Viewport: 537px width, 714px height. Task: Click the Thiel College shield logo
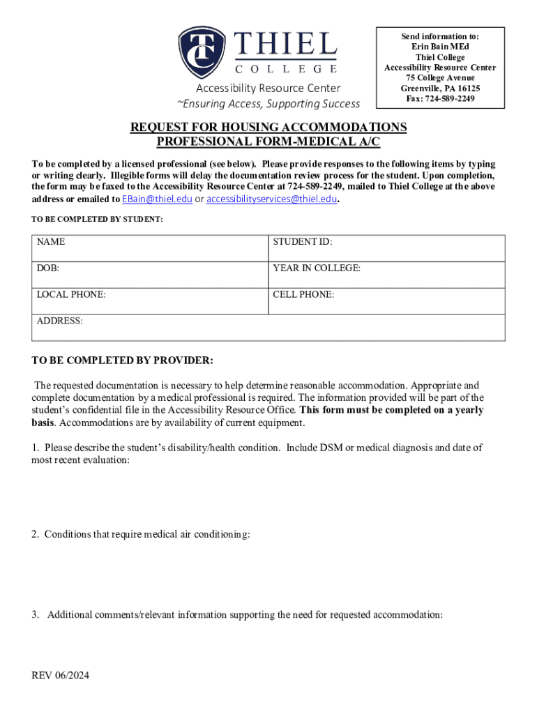[202, 52]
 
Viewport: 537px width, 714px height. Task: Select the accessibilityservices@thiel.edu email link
[271, 199]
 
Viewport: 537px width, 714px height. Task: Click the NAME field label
[51, 242]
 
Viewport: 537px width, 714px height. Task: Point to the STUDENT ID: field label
[302, 242]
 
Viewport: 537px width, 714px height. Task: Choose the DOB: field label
[48, 268]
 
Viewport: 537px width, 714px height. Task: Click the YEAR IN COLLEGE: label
[317, 268]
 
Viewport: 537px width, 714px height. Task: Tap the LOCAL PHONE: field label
[71, 295]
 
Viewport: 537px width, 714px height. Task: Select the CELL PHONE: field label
[303, 295]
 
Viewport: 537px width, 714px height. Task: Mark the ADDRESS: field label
[60, 321]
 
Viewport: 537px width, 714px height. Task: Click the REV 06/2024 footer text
[61, 676]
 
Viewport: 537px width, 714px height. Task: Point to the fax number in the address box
[440, 99]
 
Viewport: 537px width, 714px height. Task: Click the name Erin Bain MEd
[440, 47]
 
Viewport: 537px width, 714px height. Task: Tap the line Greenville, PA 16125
[440, 89]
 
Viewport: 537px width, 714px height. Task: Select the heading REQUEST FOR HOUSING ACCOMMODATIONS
[268, 128]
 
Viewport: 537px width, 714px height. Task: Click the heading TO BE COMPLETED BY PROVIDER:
[123, 360]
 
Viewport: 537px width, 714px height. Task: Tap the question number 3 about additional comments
[35, 615]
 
